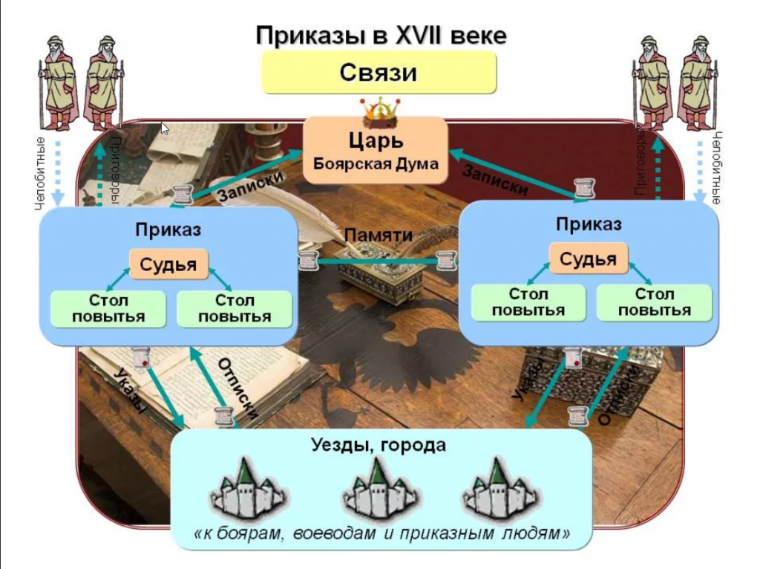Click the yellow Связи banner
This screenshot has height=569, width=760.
tap(379, 73)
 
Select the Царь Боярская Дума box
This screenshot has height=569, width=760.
tap(376, 151)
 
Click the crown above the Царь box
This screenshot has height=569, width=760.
tap(380, 111)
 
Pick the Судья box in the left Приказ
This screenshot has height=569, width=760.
tap(168, 264)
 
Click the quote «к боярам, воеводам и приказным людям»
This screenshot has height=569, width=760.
tap(381, 533)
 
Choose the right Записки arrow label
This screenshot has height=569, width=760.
tap(495, 179)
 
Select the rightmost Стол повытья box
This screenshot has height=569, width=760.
tap(655, 303)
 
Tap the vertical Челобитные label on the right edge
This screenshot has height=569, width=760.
tap(717, 169)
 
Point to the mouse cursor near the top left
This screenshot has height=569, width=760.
tap(165, 128)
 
